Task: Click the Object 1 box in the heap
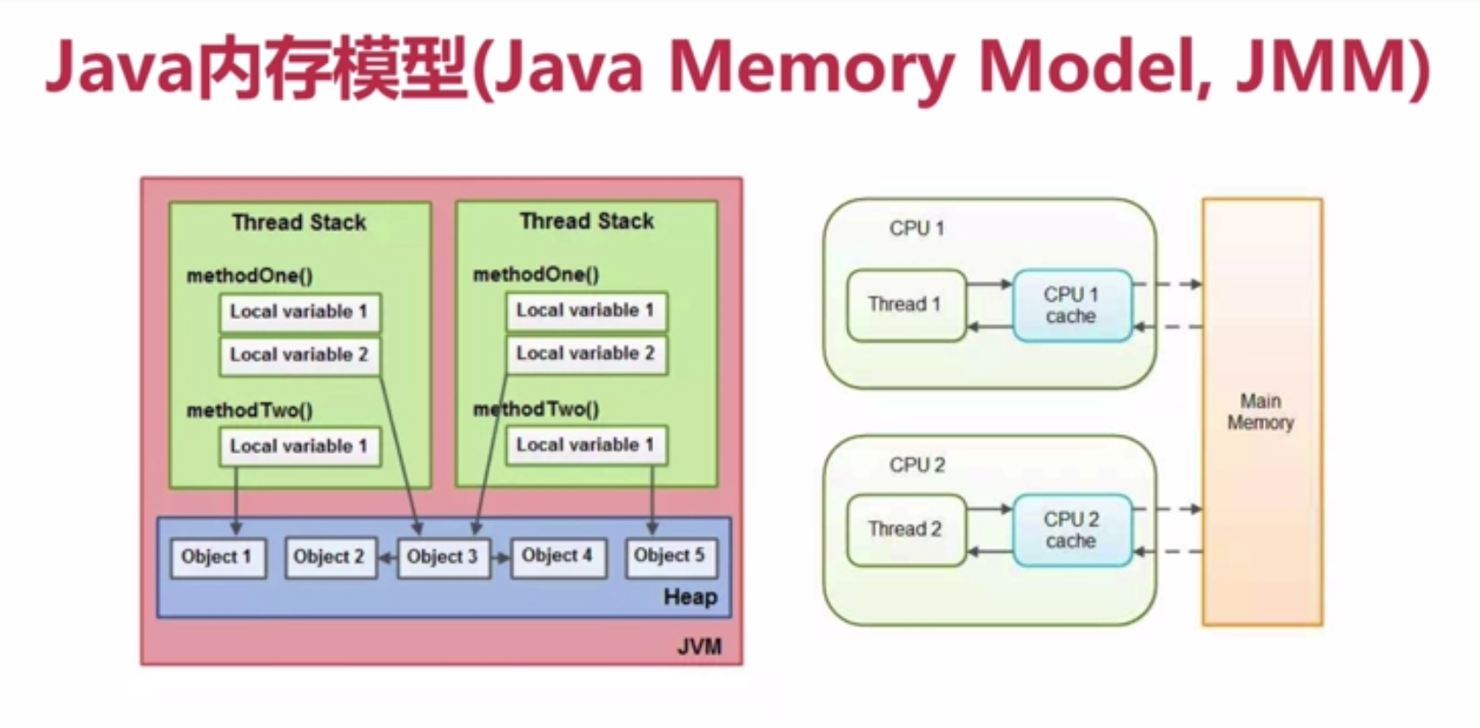[217, 557]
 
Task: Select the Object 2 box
[329, 557]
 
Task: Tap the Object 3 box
[443, 557]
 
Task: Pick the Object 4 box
[557, 556]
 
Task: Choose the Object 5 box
[670, 556]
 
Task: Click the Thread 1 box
[905, 305]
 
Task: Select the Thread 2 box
[905, 530]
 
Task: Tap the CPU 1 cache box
[1071, 305]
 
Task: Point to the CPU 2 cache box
[1071, 530]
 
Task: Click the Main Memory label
[1260, 412]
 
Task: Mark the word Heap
[690, 597]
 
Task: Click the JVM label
[699, 647]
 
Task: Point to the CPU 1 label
[916, 228]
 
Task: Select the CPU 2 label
[917, 465]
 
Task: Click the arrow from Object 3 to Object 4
[501, 558]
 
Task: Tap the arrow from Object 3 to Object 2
[388, 558]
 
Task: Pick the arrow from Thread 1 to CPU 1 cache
[989, 284]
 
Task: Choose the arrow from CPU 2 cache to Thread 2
[989, 552]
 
